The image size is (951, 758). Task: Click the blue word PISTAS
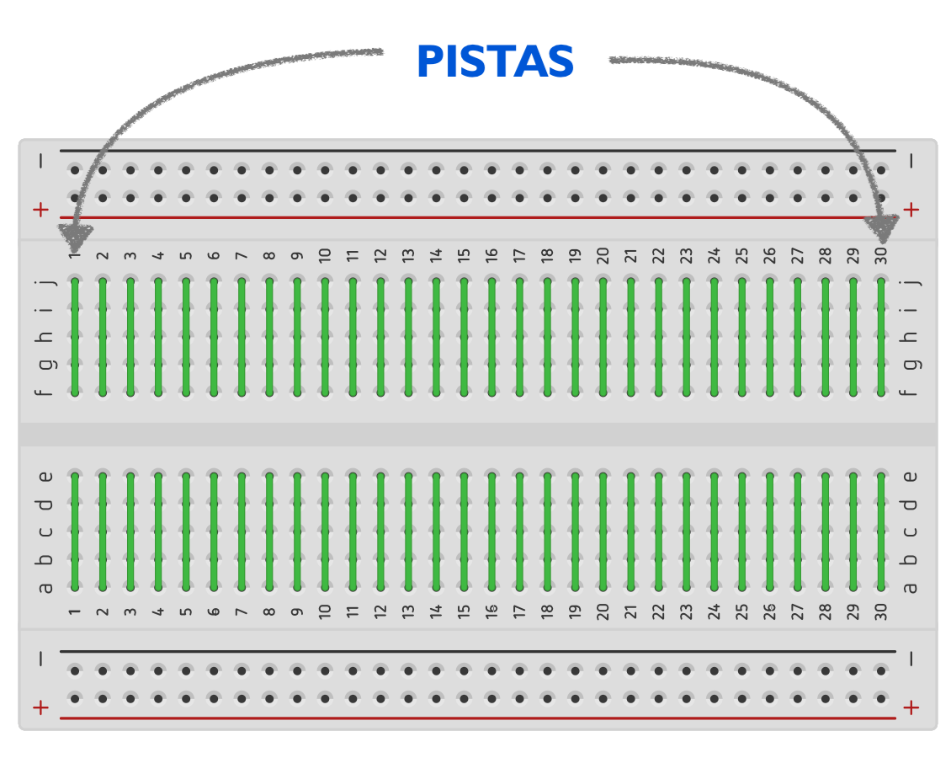(x=495, y=61)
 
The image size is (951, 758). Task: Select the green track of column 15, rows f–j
(x=464, y=337)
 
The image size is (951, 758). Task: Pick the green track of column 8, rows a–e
(x=269, y=531)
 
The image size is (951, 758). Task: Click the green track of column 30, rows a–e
(x=881, y=531)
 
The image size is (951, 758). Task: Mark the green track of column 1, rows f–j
(x=75, y=337)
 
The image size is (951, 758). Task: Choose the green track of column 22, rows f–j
(x=658, y=337)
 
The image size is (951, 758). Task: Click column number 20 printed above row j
(x=603, y=255)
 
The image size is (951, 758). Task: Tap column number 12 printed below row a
(x=380, y=611)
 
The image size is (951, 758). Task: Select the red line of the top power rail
(x=477, y=217)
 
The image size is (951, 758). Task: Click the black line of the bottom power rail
(x=477, y=651)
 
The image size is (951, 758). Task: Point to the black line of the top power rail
(x=477, y=152)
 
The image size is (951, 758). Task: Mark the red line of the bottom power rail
(x=477, y=718)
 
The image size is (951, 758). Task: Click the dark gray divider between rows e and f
(x=477, y=435)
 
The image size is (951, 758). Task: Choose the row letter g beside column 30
(x=910, y=364)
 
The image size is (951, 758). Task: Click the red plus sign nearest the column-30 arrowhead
(x=911, y=210)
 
